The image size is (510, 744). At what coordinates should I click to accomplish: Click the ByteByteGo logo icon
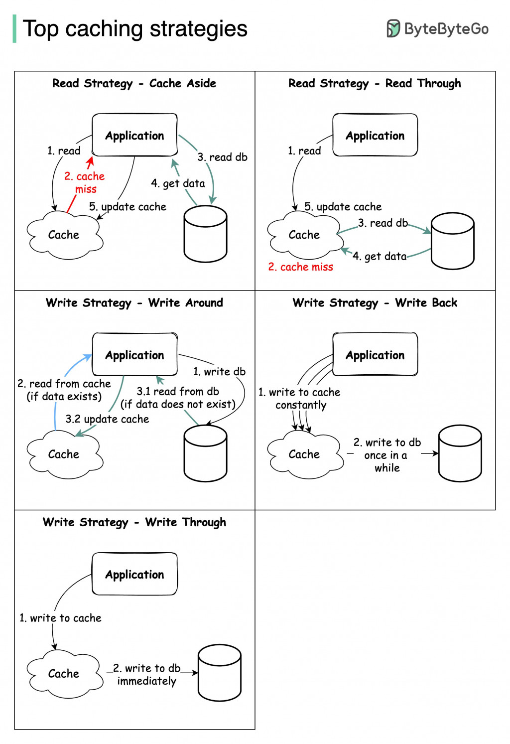pos(393,29)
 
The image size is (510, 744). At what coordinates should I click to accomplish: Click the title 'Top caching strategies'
pos(135,29)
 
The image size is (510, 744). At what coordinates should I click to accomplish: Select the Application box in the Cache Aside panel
pos(134,135)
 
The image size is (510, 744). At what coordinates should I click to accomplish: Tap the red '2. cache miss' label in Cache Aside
pos(85,182)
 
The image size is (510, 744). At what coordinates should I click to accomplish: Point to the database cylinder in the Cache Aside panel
pos(205,234)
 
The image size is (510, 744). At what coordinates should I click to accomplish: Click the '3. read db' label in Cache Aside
pos(222,157)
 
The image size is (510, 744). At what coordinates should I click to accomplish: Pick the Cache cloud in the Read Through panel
pos(304,235)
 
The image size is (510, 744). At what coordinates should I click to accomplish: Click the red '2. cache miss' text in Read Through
pos(300,267)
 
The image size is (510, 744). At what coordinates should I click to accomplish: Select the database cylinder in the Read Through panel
pos(452,241)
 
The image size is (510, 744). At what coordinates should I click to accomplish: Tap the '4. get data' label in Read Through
pos(380,256)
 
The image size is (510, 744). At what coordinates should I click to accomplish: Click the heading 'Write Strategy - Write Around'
pos(134,302)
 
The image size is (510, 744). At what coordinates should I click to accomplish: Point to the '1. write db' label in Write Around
pos(219,371)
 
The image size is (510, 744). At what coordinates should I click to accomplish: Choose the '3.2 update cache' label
pos(107,419)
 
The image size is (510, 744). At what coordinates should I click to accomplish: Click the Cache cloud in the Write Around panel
pos(64,454)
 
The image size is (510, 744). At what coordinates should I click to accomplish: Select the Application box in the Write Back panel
pos(375,355)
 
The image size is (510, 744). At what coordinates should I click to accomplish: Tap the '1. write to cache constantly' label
pos(299,399)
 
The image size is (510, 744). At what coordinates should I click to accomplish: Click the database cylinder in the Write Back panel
pos(460,453)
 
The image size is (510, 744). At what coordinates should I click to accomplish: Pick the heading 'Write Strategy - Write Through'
pos(134,522)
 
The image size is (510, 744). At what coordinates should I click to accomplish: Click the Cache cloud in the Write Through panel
pos(64,674)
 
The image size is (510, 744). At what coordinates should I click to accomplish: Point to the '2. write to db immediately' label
pos(146,674)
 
